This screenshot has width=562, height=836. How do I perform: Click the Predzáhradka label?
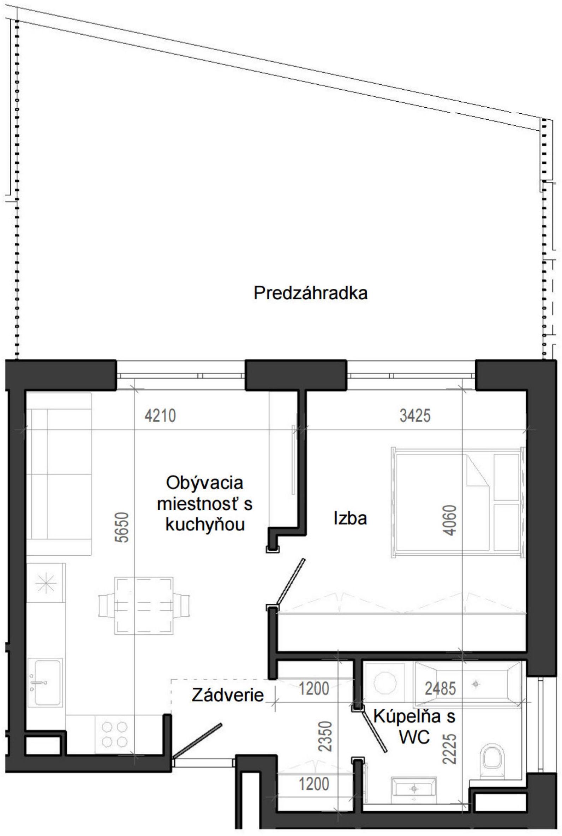[x=310, y=293]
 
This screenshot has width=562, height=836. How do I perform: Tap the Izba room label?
[x=350, y=519]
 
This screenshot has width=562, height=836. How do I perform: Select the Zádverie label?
[x=228, y=695]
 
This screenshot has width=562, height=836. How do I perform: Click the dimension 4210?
[x=160, y=416]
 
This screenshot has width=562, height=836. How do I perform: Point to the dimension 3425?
[x=415, y=416]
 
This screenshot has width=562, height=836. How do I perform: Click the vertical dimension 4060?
[x=450, y=520]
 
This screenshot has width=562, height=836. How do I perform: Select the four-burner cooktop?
[x=115, y=734]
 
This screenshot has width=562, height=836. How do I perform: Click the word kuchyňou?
[x=205, y=525]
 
